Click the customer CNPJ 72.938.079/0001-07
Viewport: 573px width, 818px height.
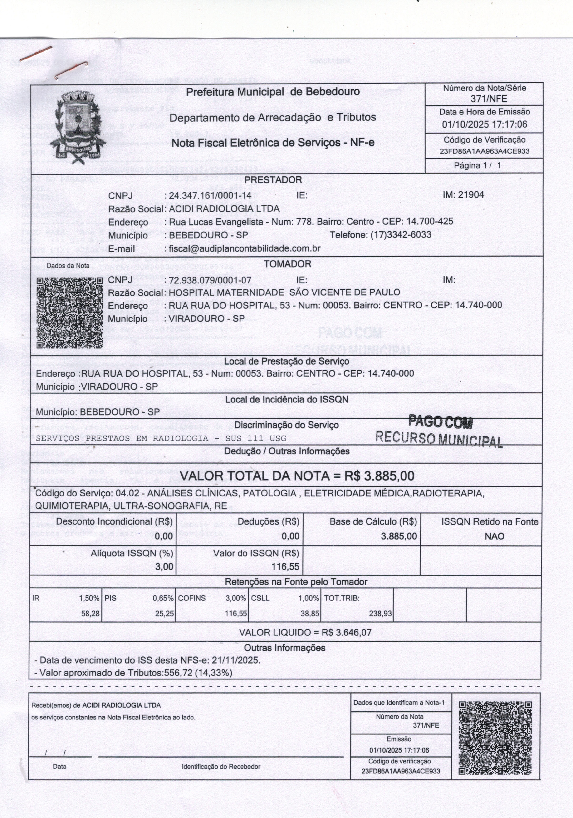[210, 280]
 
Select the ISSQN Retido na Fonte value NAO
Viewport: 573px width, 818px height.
[494, 536]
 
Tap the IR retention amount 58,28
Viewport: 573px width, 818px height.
[90, 614]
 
